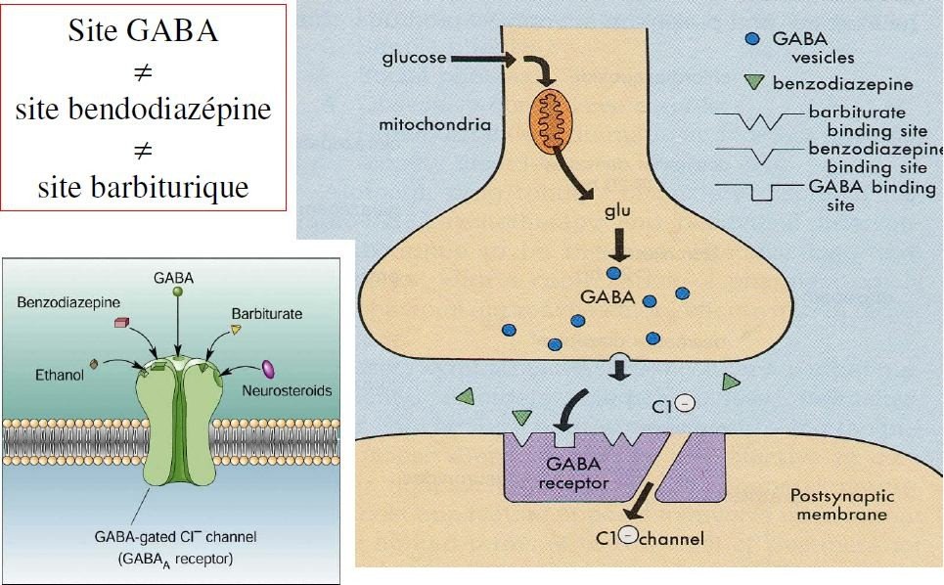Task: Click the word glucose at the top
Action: click(x=415, y=58)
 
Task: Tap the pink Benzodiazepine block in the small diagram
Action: click(x=122, y=322)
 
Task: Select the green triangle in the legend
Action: click(x=752, y=83)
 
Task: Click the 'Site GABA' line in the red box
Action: click(x=143, y=31)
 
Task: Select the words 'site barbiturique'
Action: click(x=143, y=187)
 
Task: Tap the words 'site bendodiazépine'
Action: click(x=143, y=109)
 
